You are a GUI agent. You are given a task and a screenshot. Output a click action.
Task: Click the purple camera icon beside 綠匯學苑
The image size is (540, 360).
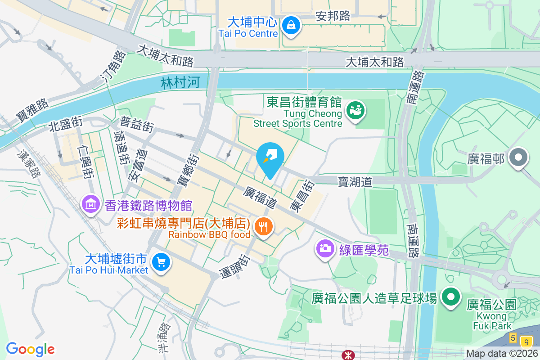(324, 248)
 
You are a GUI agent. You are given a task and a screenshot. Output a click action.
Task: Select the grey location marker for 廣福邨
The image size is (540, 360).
(519, 158)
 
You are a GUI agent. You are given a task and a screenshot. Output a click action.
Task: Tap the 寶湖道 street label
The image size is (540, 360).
(355, 182)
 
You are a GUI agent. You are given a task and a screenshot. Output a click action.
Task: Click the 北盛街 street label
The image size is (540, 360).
(66, 124)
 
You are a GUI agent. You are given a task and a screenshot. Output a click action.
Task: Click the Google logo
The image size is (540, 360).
(30, 349)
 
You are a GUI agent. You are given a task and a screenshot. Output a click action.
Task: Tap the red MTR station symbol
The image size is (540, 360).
(348, 355)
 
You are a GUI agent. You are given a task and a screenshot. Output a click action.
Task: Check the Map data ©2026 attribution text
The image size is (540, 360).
(502, 354)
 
